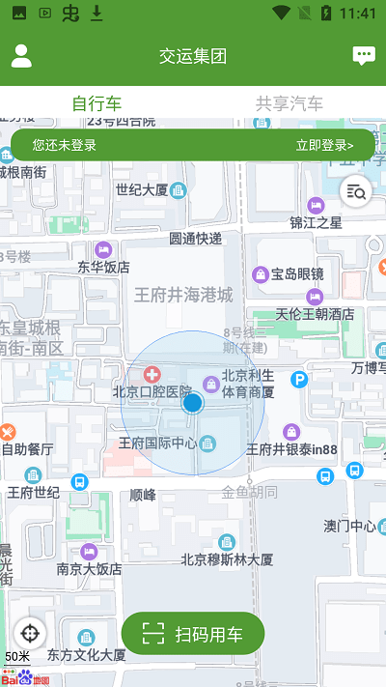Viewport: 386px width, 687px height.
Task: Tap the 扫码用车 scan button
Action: pyautogui.click(x=193, y=634)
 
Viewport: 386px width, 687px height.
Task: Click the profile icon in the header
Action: pyautogui.click(x=21, y=56)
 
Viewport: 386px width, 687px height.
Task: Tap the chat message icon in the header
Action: pyautogui.click(x=363, y=56)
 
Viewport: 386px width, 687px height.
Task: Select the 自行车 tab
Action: pyautogui.click(x=96, y=103)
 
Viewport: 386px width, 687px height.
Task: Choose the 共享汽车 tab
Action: pyautogui.click(x=289, y=103)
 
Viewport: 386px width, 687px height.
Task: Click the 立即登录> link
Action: pyautogui.click(x=324, y=145)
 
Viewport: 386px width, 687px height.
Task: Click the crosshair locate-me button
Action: pyautogui.click(x=30, y=633)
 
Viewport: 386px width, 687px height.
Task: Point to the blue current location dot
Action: pyautogui.click(x=192, y=403)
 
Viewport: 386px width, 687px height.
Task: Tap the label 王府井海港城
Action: pyautogui.click(x=183, y=295)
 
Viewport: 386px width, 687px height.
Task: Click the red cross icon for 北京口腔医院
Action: pyautogui.click(x=152, y=374)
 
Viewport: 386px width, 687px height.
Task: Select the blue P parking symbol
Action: pyautogui.click(x=299, y=380)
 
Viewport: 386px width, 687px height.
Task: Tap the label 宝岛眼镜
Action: pyautogui.click(x=297, y=273)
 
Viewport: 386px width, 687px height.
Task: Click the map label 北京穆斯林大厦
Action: pyautogui.click(x=227, y=558)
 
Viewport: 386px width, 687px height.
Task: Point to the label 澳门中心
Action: pyautogui.click(x=349, y=526)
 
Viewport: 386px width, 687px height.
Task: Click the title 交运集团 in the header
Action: pyautogui.click(x=193, y=56)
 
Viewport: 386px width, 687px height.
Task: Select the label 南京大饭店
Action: pyautogui.click(x=89, y=568)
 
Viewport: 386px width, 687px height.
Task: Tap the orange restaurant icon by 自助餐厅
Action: pyautogui.click(x=8, y=431)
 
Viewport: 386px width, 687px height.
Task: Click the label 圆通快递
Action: pyautogui.click(x=196, y=238)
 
